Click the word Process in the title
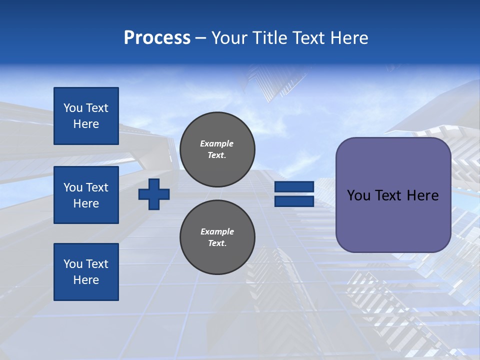tap(157, 38)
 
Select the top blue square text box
tap(86, 116)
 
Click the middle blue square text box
tap(86, 195)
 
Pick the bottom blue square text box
tap(86, 272)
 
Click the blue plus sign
tap(154, 194)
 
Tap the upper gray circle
tap(217, 149)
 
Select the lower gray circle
tap(217, 237)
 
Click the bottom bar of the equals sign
tap(294, 201)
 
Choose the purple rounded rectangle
tap(393, 220)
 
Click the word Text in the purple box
tap(388, 195)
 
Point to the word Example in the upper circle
tap(217, 143)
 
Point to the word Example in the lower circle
tap(217, 231)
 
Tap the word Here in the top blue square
tap(86, 124)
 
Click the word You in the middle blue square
tap(72, 187)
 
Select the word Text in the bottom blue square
tap(97, 264)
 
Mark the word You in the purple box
tap(358, 195)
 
